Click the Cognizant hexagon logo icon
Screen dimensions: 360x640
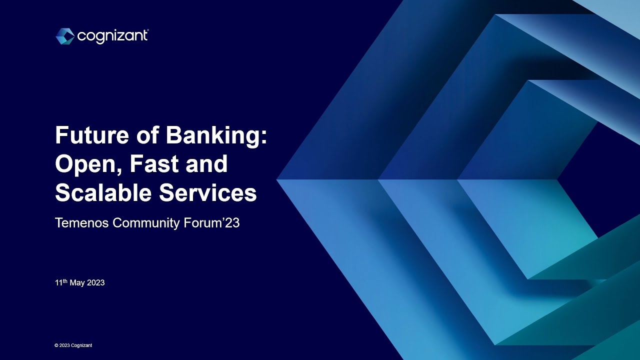[65, 36]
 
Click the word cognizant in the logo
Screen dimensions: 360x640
[112, 36]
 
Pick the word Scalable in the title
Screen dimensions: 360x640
[103, 193]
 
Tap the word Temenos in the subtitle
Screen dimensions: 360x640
[81, 223]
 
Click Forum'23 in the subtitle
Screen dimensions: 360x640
[211, 223]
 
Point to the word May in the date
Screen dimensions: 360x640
[77, 283]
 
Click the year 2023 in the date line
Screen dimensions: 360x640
[95, 283]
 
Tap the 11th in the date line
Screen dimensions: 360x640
[61, 282]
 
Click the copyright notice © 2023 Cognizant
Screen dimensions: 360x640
[73, 345]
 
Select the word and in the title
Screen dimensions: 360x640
[207, 164]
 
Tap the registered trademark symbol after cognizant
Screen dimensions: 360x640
[147, 31]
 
